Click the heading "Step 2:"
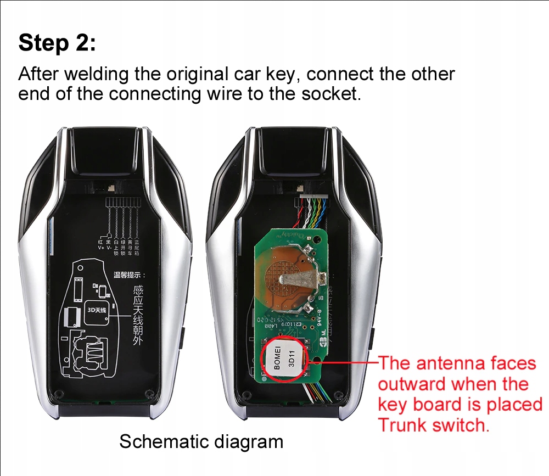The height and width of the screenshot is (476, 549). tap(57, 43)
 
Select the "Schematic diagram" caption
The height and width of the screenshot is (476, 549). tap(201, 441)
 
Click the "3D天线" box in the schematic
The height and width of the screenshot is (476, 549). tap(98, 310)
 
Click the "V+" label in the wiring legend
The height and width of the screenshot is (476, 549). tap(101, 248)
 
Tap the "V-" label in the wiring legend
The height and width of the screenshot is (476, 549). tap(109, 248)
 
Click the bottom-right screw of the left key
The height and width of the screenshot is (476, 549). tap(148, 393)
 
